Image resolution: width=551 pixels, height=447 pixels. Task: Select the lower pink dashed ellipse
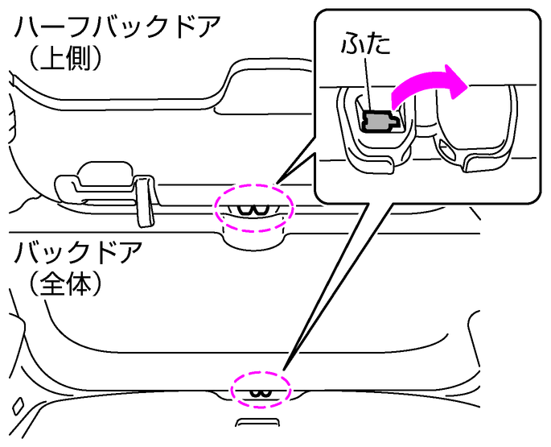[x=259, y=387]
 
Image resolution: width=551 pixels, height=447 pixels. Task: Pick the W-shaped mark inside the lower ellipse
[x=259, y=392]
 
